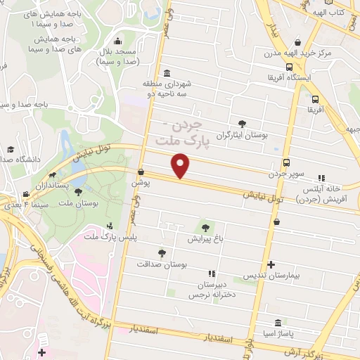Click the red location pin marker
(x=181, y=166)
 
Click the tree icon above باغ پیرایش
(x=205, y=227)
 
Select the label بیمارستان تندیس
(x=271, y=276)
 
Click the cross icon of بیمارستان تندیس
(x=271, y=265)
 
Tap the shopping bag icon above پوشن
(x=141, y=172)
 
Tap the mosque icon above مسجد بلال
(x=117, y=40)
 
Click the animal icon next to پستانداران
(x=52, y=176)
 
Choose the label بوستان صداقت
(x=162, y=264)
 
